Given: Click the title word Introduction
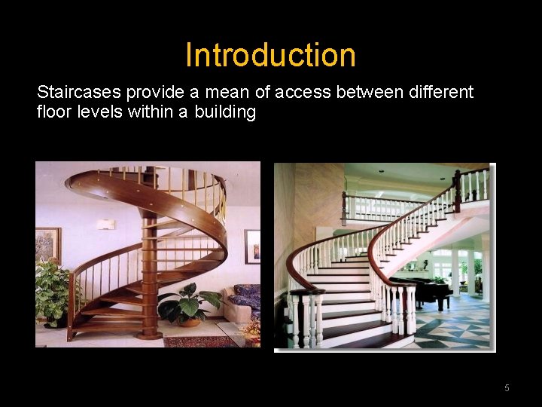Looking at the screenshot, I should click(x=270, y=55).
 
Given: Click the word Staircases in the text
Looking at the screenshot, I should click(x=79, y=93).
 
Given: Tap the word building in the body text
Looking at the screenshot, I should click(x=225, y=113).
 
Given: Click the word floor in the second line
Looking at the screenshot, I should click(x=53, y=113).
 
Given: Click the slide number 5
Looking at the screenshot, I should click(x=507, y=388).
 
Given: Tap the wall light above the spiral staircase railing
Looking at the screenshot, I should click(x=106, y=224).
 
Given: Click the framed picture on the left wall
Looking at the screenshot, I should click(x=47, y=245).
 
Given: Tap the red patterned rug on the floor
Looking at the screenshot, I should click(x=199, y=341).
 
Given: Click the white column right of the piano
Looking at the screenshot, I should click(x=455, y=272).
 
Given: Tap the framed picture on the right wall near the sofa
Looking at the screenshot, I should click(x=252, y=246).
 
